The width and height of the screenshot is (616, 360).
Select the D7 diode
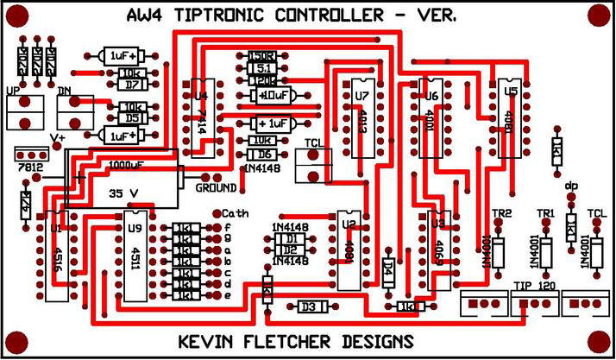click(x=132, y=85)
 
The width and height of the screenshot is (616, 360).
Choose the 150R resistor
click(x=261, y=56)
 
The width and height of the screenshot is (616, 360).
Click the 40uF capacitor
click(x=275, y=95)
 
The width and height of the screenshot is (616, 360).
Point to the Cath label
click(x=236, y=213)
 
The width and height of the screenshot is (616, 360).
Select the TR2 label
click(x=501, y=213)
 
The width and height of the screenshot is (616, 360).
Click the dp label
click(x=570, y=185)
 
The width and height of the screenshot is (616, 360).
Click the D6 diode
click(x=262, y=154)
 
